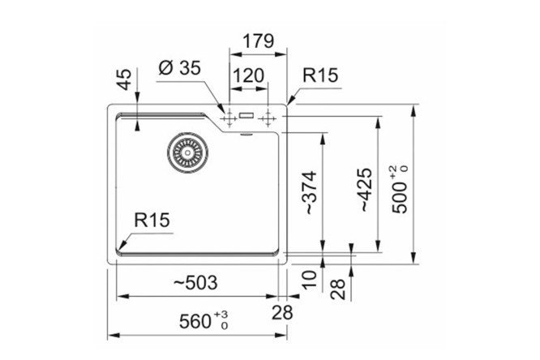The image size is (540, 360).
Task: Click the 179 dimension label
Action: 259,41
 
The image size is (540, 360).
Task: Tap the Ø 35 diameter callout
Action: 179,69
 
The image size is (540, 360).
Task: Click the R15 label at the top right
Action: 319,76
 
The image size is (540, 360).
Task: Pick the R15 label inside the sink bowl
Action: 152,221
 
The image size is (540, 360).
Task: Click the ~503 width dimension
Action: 195,281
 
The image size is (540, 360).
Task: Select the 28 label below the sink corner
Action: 281,311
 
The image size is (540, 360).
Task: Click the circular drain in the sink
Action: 185,152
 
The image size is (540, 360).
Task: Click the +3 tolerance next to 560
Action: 223,313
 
